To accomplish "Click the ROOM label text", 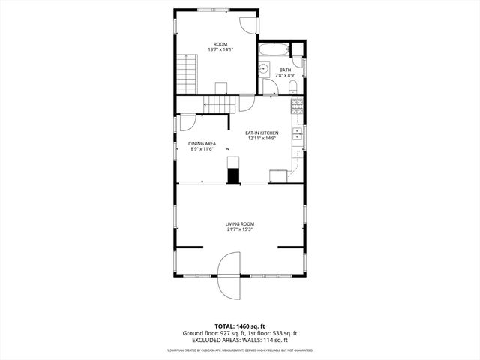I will [220, 44].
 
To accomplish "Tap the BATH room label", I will [285, 70].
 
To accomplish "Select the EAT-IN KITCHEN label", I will [262, 133].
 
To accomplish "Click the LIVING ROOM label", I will [240, 223].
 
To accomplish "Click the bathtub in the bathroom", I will [273, 52].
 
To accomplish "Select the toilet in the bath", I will [294, 88].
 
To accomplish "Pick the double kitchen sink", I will [297, 134].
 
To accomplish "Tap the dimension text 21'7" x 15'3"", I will [240, 229].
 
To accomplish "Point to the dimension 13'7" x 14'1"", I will [220, 50].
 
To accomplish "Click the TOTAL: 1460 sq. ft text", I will [240, 326].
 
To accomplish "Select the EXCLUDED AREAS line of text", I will [240, 339].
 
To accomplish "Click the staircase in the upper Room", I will [185, 73].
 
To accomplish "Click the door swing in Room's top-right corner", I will [247, 22].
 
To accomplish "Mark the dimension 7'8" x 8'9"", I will [285, 76].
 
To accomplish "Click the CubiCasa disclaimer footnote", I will [240, 350].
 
